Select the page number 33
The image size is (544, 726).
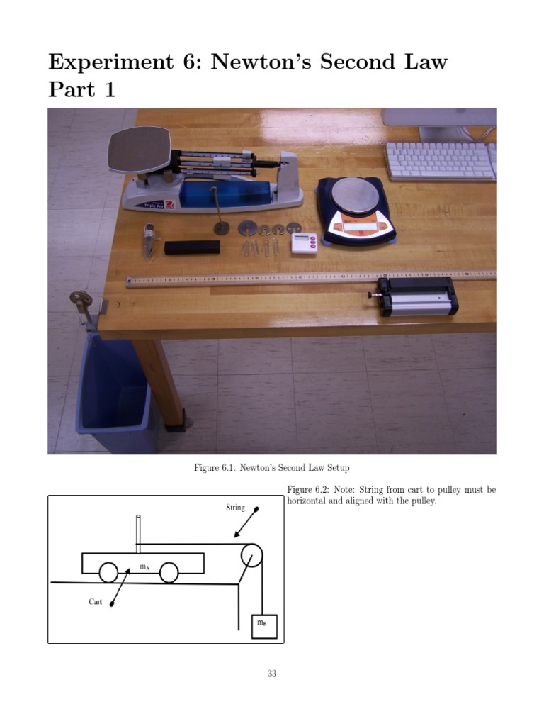click(x=272, y=674)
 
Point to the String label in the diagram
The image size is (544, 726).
click(x=235, y=508)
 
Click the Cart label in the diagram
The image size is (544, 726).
click(x=96, y=602)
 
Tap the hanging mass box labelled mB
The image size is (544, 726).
click(x=264, y=626)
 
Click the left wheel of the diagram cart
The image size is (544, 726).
click(x=108, y=572)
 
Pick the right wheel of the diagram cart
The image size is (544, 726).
click(x=169, y=572)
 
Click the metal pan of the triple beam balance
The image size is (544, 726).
click(x=140, y=150)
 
